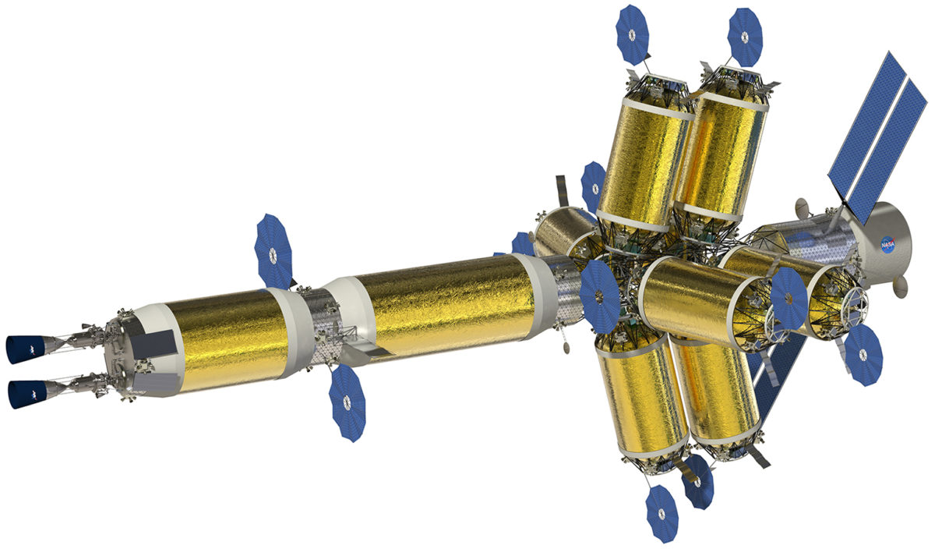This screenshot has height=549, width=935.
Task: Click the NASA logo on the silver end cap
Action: pyautogui.click(x=887, y=244)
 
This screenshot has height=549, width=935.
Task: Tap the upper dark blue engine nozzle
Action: pyautogui.click(x=26, y=349)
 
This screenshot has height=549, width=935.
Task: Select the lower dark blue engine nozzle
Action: pyautogui.click(x=28, y=394)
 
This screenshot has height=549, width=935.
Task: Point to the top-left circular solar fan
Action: pyautogui.click(x=632, y=35)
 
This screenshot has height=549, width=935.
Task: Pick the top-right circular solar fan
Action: pyautogui.click(x=745, y=37)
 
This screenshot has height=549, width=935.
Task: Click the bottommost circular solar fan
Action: pyautogui.click(x=662, y=514)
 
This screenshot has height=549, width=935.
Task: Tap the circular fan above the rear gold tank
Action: pyautogui.click(x=273, y=252)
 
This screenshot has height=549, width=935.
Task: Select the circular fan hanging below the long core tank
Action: pyautogui.click(x=347, y=402)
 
